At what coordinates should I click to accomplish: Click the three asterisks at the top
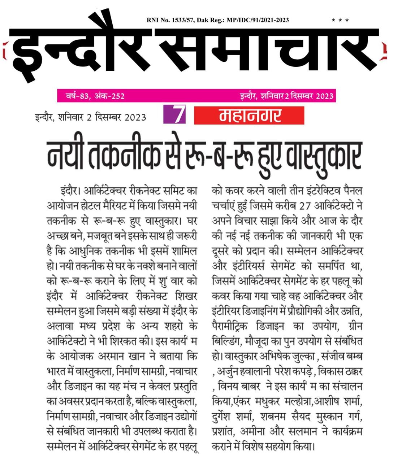(x=340, y=21)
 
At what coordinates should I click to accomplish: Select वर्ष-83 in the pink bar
(x=75, y=96)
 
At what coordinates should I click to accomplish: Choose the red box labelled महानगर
(x=249, y=116)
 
